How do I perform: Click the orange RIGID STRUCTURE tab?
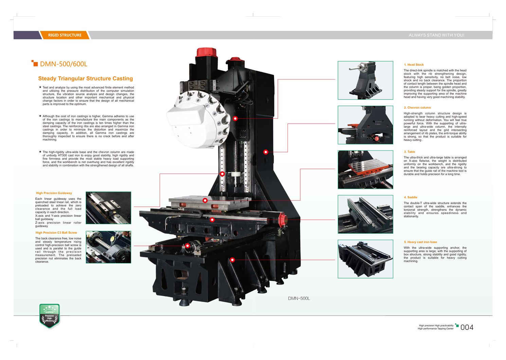pos(65,35)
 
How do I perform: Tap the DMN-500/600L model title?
pos(64,64)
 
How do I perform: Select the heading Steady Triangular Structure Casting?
pos(85,78)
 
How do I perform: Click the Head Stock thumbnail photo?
pos(365,80)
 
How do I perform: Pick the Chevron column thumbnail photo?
pos(365,125)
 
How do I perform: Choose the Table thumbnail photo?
pos(365,169)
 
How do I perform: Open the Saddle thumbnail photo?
pos(365,214)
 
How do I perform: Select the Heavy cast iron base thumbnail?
pos(365,259)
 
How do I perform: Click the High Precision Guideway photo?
pos(108,208)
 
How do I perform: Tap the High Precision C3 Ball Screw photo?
pos(108,247)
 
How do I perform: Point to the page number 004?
pos(467,327)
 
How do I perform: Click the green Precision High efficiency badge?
pos(50,316)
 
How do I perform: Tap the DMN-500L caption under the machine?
pos(299,298)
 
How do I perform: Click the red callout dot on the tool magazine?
pos(235,118)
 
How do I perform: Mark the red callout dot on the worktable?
pos(205,200)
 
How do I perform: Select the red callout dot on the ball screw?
pos(187,246)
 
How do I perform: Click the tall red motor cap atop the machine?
pos(206,52)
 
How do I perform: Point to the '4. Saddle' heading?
pos(411,197)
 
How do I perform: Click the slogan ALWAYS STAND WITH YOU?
pos(436,35)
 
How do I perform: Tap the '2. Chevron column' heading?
pos(417,108)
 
